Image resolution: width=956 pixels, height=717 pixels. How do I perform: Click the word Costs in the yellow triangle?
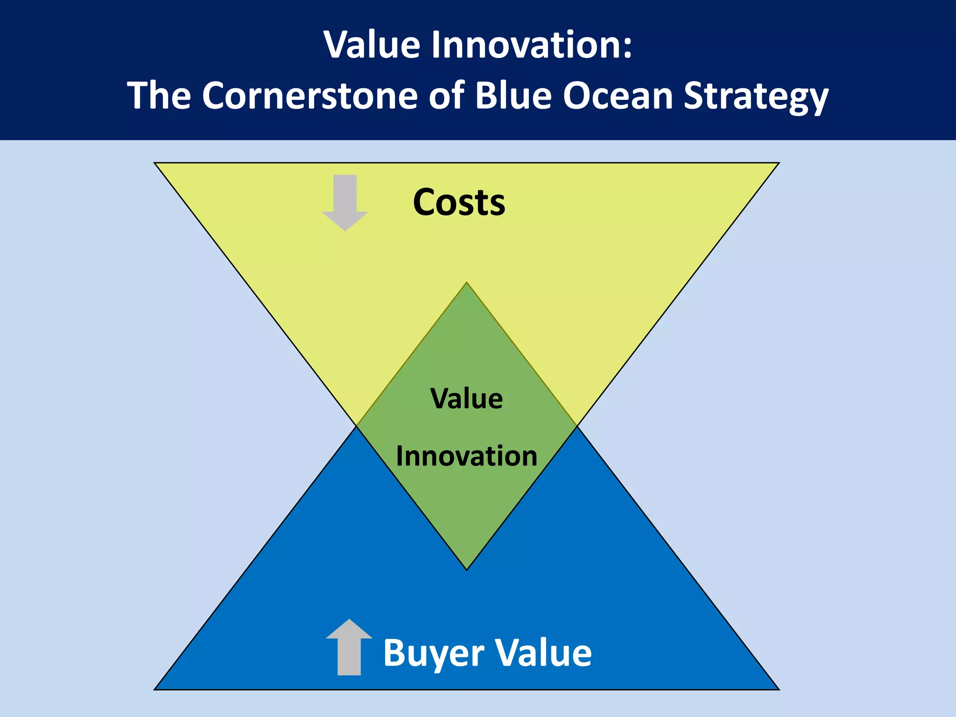pyautogui.click(x=459, y=203)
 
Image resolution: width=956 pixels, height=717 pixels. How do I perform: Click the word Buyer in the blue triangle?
pyautogui.click(x=434, y=653)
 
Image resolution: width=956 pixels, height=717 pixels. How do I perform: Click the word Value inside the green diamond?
pyautogui.click(x=466, y=399)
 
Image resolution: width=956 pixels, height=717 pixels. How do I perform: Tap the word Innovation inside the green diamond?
pyautogui.click(x=466, y=456)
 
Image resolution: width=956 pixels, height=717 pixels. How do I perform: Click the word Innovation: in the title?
pyautogui.click(x=532, y=45)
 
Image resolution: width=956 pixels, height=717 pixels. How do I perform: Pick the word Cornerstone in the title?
pyautogui.click(x=309, y=96)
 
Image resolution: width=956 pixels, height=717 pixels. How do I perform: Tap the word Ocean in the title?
pyautogui.click(x=618, y=96)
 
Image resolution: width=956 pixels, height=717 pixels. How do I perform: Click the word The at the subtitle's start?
pyautogui.click(x=159, y=96)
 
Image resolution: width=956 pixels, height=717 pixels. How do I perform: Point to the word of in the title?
pyautogui.click(x=446, y=96)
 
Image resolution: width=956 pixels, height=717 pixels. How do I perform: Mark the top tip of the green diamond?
pyautogui.click(x=466, y=283)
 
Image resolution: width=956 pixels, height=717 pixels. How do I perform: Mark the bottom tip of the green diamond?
pyautogui.click(x=466, y=569)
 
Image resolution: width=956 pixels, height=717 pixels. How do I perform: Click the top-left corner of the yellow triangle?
pyautogui.click(x=155, y=163)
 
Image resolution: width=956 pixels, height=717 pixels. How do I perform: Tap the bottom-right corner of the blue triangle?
pyautogui.click(x=778, y=689)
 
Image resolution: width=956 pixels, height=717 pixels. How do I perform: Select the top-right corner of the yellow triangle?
pyautogui.click(x=778, y=163)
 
